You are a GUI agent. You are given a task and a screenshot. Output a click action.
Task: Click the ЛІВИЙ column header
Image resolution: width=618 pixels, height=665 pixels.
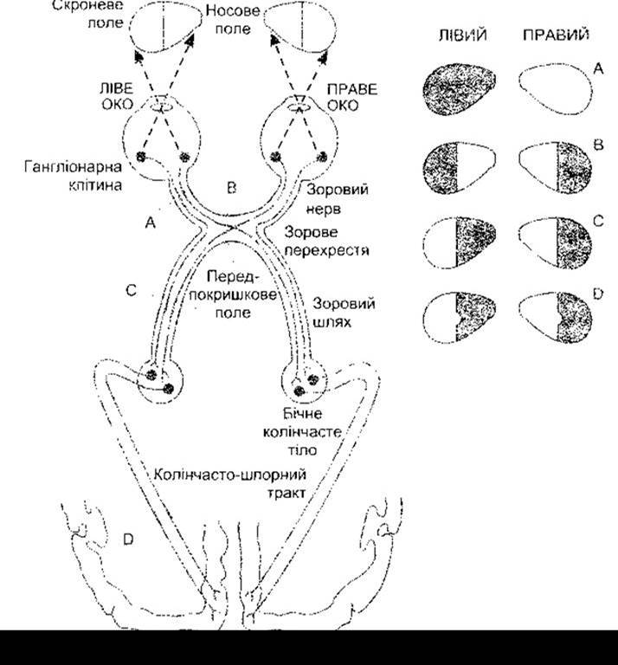462,36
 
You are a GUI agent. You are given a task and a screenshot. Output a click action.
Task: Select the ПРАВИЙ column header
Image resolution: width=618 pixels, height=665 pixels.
556,35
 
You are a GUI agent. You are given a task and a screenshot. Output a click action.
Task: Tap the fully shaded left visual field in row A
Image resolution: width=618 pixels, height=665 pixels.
459,89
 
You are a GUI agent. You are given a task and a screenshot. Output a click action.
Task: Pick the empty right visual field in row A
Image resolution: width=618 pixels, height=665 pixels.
556,89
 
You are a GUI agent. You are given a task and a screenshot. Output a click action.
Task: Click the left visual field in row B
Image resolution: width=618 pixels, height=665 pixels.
459,168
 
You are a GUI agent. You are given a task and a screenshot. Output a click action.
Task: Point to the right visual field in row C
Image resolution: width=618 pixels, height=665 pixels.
556,243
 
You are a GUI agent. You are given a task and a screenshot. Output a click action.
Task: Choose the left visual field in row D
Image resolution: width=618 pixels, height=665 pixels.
459,317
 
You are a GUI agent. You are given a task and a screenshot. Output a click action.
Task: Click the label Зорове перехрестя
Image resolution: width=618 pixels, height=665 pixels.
326,241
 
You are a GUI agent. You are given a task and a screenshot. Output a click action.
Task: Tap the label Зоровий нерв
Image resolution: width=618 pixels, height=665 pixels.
337,198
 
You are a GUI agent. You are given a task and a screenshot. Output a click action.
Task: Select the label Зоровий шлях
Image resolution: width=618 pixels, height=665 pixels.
344,313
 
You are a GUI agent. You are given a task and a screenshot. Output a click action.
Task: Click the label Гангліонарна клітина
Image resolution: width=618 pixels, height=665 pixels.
74,176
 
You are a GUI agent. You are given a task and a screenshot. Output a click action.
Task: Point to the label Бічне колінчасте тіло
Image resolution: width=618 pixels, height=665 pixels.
302,431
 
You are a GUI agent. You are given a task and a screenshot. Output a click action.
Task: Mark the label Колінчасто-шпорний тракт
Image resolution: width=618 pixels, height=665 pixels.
229,483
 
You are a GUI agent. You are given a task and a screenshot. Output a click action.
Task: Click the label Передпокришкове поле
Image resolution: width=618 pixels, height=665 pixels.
233,294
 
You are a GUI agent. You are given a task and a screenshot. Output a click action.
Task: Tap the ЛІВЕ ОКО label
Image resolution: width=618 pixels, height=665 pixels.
117,96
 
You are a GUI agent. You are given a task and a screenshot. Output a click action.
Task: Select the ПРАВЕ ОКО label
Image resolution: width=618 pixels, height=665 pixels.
351,97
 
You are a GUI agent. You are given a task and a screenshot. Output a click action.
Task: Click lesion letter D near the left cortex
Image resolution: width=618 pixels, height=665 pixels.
128,539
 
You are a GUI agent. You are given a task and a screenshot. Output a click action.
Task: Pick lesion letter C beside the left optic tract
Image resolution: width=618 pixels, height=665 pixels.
132,291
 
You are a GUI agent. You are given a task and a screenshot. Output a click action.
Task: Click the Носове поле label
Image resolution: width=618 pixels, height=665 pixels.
233,20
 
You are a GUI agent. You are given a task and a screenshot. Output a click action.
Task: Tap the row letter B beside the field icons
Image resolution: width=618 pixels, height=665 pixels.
598,145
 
